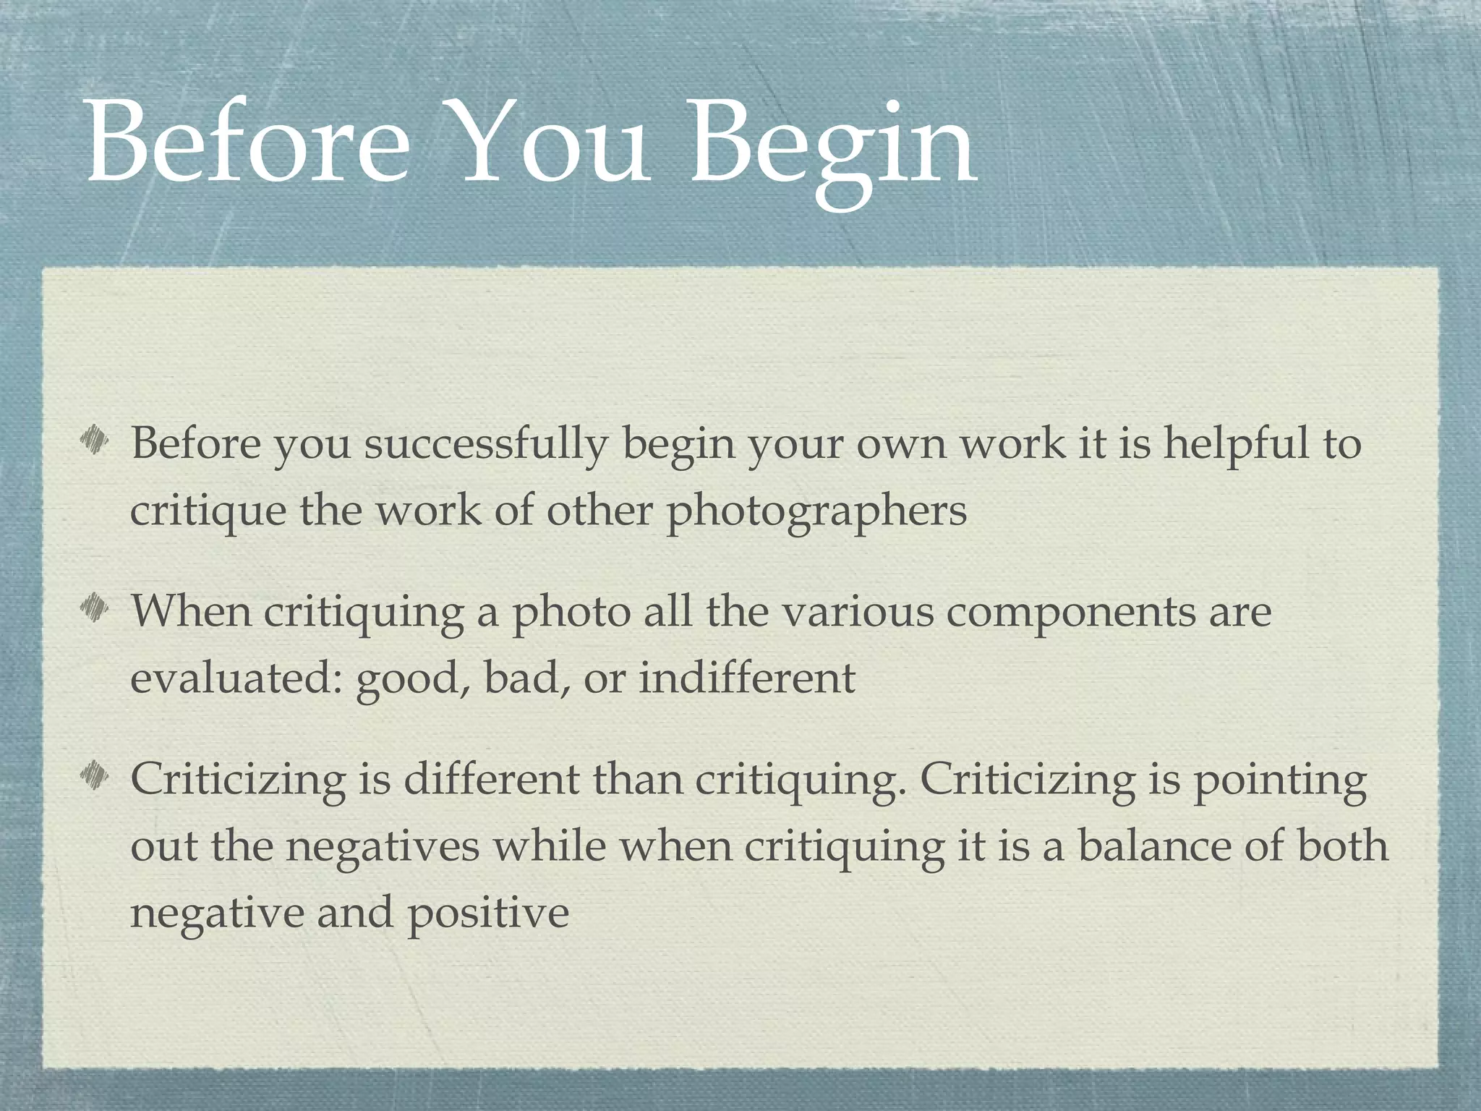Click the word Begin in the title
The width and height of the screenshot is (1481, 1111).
(x=832, y=145)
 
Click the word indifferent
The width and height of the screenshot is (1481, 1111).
(x=747, y=678)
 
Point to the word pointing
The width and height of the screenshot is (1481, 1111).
(x=1279, y=781)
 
